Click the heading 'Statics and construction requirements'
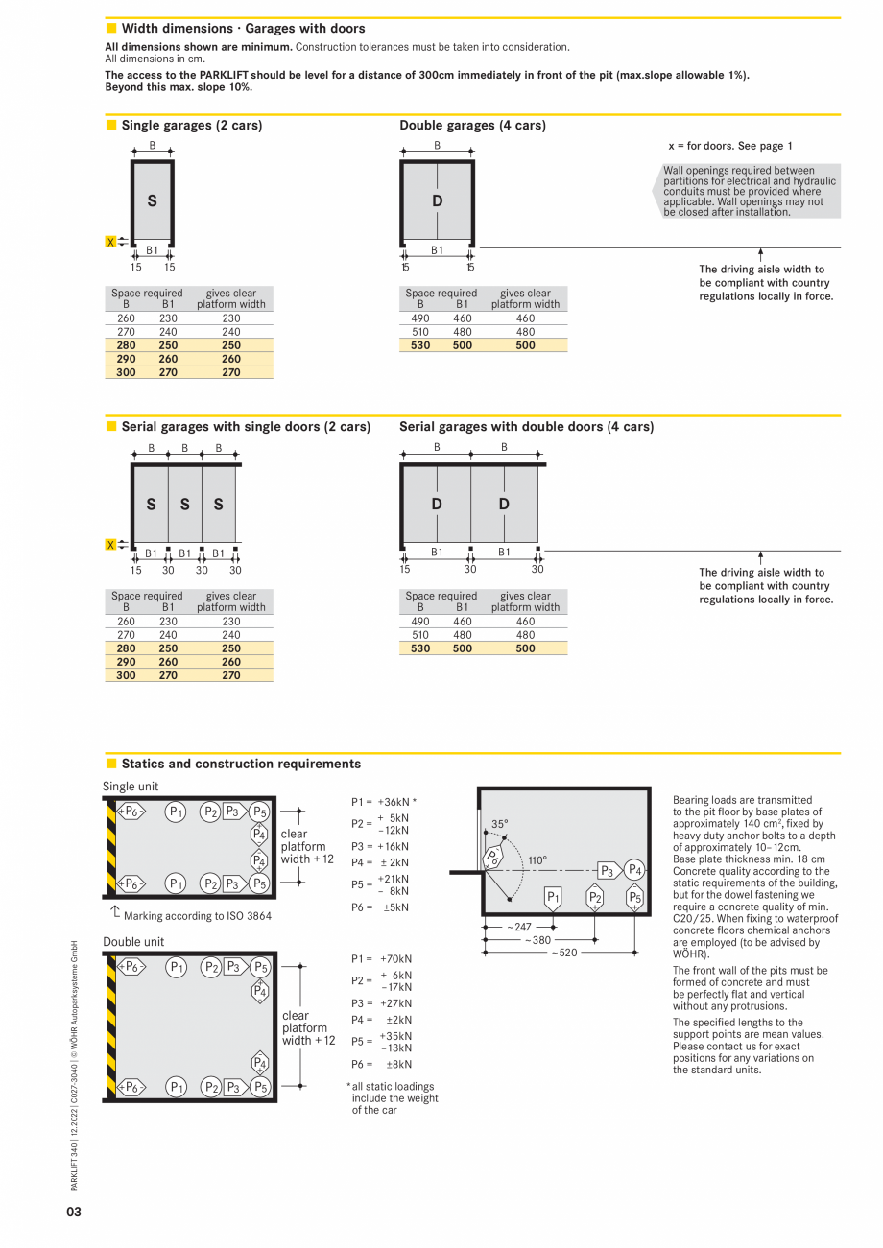click(241, 765)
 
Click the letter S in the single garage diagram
click(152, 201)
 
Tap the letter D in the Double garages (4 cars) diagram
click(438, 201)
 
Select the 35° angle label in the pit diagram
click(500, 824)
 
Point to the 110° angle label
click(537, 860)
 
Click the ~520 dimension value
click(564, 954)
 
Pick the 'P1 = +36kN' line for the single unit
click(383, 802)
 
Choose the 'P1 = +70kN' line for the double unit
click(381, 958)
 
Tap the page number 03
click(74, 1212)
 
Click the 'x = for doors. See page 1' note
click(729, 146)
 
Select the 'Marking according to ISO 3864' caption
click(197, 916)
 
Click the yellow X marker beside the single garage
click(111, 242)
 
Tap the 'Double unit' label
click(133, 942)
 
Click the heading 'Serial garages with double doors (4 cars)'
click(526, 427)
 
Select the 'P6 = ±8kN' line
click(381, 1064)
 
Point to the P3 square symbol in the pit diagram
click(607, 871)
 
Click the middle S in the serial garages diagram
click(184, 505)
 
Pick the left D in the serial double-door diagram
click(437, 505)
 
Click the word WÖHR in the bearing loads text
click(689, 955)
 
